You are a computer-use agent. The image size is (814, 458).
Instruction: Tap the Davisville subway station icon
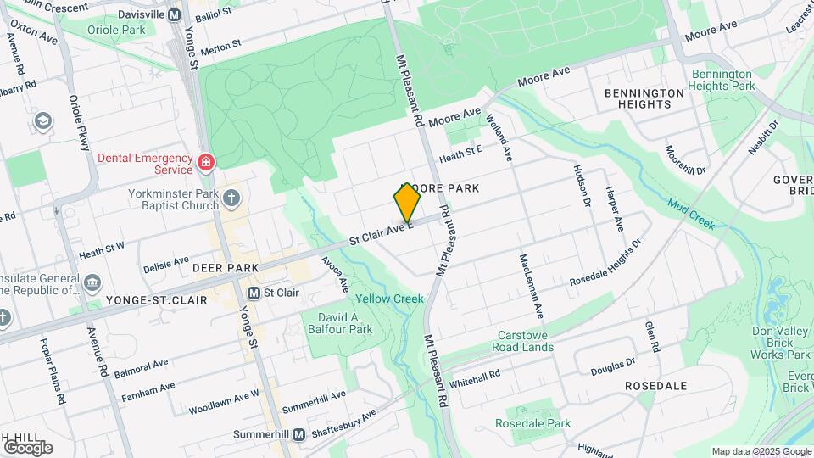point(175,14)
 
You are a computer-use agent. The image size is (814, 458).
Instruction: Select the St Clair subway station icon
point(254,293)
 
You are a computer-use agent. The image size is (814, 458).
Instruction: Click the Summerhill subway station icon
point(298,434)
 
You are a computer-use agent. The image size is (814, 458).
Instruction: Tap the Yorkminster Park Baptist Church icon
point(232,198)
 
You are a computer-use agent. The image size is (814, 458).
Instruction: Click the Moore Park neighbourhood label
point(441,187)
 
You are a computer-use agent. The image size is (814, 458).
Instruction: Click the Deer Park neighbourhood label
point(225,268)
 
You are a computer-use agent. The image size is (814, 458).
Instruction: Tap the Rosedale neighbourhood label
point(655,385)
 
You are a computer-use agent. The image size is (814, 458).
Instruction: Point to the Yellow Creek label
point(389,299)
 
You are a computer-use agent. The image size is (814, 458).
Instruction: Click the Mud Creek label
point(690,214)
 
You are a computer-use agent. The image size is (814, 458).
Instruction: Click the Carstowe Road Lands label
point(526,341)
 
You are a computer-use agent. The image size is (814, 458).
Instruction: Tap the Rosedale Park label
point(534,423)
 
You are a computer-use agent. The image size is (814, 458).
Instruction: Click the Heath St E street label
point(460,154)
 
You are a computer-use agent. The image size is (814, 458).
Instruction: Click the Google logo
point(27,447)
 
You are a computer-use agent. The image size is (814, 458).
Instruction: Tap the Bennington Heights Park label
point(721,80)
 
